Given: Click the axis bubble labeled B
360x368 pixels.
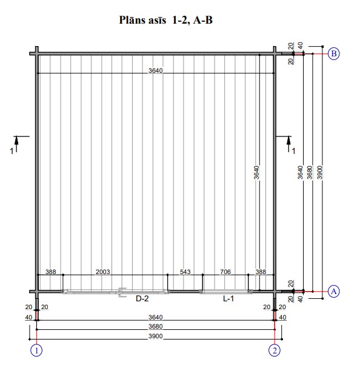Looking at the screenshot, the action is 333,54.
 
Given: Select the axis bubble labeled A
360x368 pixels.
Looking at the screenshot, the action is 333,292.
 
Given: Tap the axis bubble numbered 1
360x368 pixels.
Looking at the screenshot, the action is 36,350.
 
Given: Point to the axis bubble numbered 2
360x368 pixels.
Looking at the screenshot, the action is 275,350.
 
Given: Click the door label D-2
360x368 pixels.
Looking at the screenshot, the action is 142,298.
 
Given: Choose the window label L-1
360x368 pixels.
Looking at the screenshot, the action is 228,298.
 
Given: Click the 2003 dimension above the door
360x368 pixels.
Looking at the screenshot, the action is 103,272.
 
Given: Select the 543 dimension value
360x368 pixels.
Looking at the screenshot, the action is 185,272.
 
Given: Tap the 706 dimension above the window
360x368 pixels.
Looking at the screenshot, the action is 225,272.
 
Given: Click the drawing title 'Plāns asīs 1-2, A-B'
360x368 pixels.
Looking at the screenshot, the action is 166,20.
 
